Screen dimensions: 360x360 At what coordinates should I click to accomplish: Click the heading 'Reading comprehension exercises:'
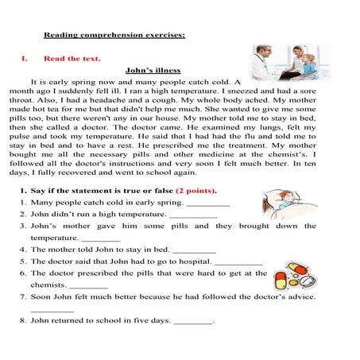[114, 35]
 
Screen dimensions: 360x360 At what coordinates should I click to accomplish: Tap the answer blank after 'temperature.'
[101, 239]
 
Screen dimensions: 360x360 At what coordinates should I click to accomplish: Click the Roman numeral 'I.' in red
[25, 58]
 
